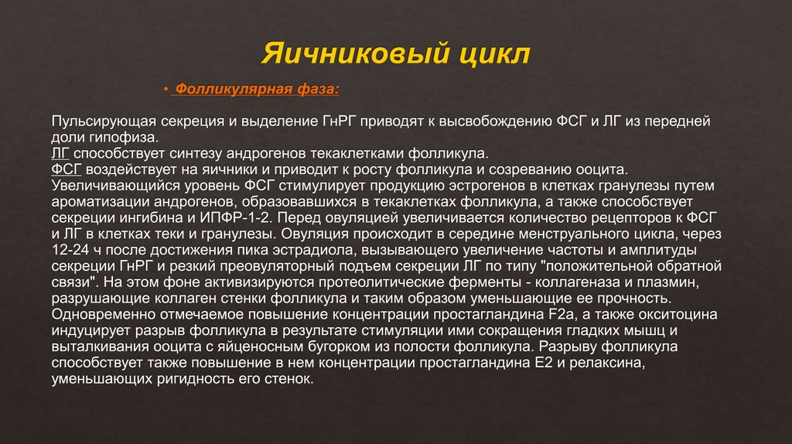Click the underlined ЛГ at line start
pos(61,154)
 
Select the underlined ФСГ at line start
pos(67,170)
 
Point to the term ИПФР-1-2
pos(248,218)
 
